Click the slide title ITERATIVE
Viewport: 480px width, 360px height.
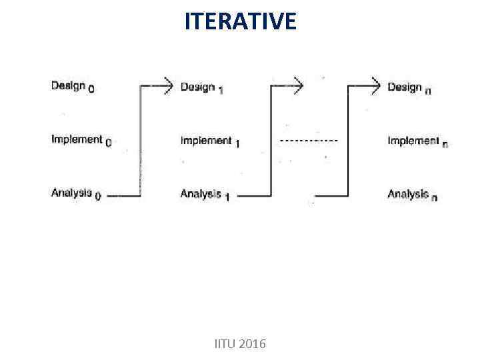(240, 21)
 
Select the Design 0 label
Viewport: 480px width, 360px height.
(72, 87)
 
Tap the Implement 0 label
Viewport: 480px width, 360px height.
(81, 140)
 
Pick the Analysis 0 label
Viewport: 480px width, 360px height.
(75, 194)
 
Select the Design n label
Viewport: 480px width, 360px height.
(409, 87)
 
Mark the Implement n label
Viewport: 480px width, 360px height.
(417, 141)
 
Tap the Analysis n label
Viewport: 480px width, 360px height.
(412, 195)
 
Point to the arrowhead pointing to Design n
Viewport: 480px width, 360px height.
(375, 85)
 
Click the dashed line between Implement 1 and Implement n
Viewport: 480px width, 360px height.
(308, 141)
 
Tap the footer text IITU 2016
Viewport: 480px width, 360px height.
(239, 344)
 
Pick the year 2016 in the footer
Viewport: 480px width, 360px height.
(252, 344)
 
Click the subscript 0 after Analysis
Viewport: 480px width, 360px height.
(98, 197)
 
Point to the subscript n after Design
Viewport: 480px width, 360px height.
(427, 91)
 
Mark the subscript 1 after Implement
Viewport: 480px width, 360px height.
(237, 144)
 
